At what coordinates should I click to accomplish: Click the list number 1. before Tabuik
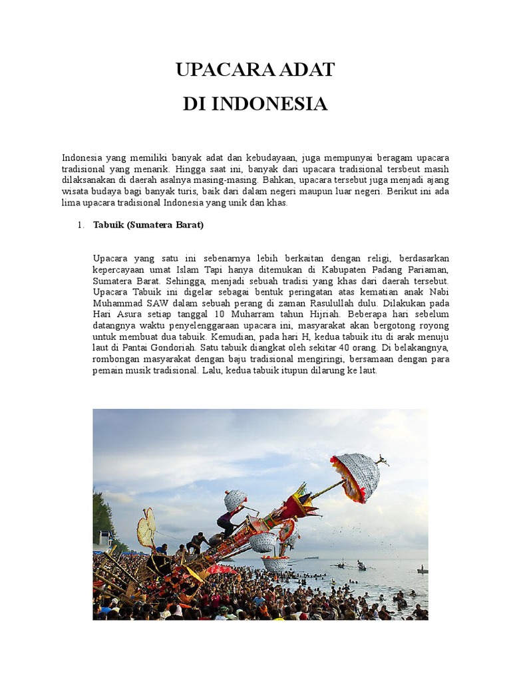(x=80, y=225)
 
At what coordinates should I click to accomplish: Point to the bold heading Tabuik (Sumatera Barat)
(x=148, y=225)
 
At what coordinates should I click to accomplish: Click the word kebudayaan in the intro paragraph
(x=270, y=158)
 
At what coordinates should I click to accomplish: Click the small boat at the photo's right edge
(x=421, y=570)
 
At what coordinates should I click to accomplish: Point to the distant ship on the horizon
(x=311, y=557)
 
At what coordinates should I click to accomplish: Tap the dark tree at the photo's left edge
(x=103, y=517)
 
